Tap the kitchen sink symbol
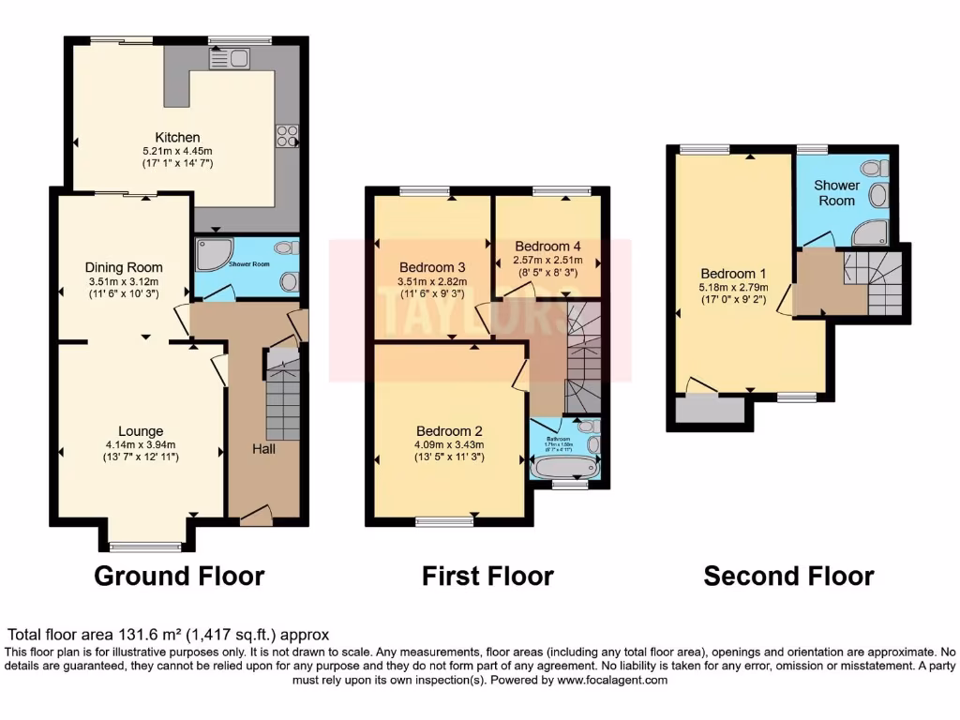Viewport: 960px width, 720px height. click(228, 59)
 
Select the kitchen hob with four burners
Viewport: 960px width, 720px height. click(286, 137)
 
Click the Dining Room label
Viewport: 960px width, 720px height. click(125, 267)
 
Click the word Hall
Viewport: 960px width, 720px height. click(263, 449)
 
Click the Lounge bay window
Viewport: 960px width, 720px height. click(145, 546)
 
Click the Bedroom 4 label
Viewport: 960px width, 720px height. click(547, 247)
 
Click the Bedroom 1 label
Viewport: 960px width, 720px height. click(732, 275)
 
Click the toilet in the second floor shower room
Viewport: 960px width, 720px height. click(874, 169)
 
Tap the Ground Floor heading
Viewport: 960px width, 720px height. click(179, 575)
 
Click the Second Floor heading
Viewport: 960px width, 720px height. click(788, 575)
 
